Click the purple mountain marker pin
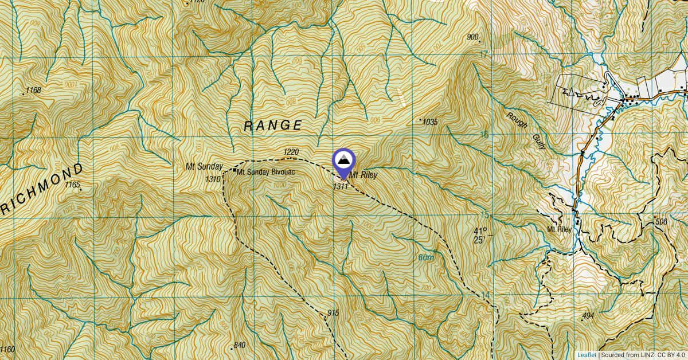343,161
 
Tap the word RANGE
273,126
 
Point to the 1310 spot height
213,179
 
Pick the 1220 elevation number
291,152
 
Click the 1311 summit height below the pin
341,186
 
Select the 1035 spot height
429,122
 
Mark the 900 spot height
472,38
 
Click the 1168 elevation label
34,90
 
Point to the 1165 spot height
73,185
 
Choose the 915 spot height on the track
333,313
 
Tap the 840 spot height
239,345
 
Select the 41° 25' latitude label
479,236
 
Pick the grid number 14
486,295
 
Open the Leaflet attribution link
587,355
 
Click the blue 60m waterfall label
427,258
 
